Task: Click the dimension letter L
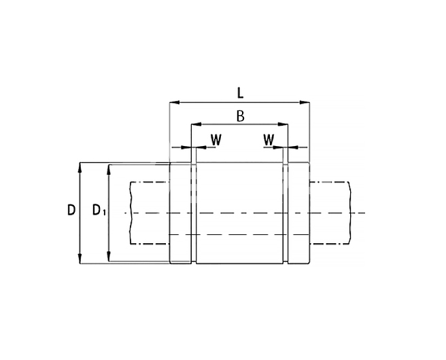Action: click(x=241, y=93)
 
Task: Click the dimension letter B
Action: click(x=241, y=116)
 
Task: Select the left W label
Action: click(x=216, y=140)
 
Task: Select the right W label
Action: click(x=269, y=140)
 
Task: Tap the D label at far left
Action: click(x=71, y=210)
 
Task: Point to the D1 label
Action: click(x=99, y=210)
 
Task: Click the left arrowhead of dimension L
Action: click(x=175, y=103)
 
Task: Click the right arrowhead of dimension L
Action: click(x=305, y=103)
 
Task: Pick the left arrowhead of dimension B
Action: click(x=196, y=124)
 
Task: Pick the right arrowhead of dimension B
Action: click(x=283, y=124)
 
